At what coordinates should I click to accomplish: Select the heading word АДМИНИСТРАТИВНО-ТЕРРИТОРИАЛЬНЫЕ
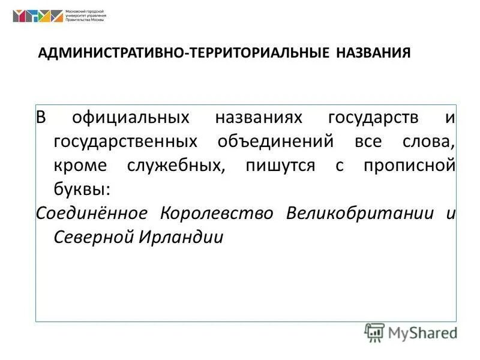(184, 53)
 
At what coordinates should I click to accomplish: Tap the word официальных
(131, 117)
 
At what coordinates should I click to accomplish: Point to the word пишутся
(280, 166)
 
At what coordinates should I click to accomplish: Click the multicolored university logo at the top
(37, 16)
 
